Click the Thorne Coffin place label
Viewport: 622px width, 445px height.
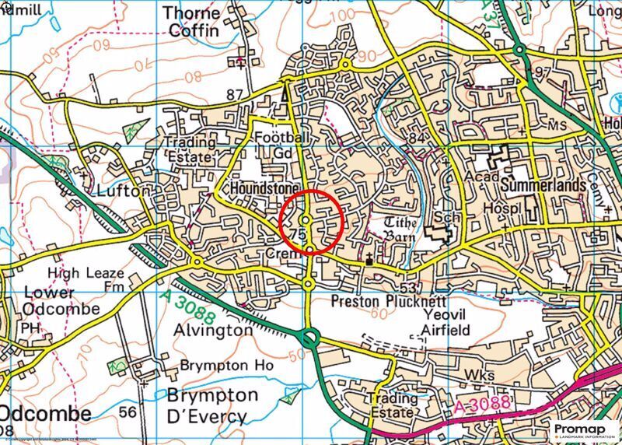pos(194,22)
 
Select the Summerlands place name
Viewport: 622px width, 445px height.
pos(543,187)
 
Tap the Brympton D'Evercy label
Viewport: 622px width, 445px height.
pos(211,405)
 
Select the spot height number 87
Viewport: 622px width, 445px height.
pos(235,95)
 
